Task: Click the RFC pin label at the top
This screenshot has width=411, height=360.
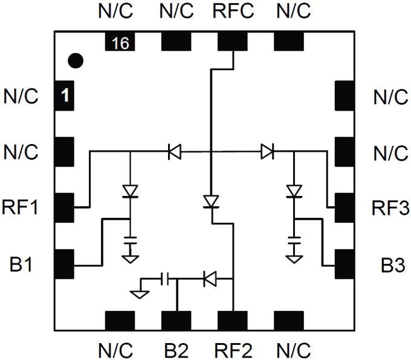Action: (x=233, y=10)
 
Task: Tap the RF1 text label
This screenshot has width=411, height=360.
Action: (x=22, y=209)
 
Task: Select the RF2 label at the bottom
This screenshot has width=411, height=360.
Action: (x=233, y=349)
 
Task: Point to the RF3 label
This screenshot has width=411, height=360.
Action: (x=390, y=209)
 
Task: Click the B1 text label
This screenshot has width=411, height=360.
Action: (x=22, y=264)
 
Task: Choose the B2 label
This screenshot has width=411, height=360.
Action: (x=176, y=349)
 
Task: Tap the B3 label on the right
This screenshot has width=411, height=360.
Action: (x=390, y=264)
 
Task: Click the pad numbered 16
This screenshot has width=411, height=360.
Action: (x=120, y=42)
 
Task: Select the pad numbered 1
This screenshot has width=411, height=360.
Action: (x=64, y=96)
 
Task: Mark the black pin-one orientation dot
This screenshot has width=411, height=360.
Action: (x=75, y=61)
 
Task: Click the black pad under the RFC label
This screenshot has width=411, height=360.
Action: (x=233, y=41)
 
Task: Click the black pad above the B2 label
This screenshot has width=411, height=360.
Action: (x=176, y=321)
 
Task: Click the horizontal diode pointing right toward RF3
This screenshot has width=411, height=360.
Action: (x=267, y=151)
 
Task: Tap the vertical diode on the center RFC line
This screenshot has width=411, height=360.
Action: (x=211, y=201)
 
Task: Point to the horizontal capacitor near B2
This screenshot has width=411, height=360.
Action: (x=166, y=279)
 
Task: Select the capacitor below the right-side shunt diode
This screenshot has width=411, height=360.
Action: (x=294, y=240)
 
